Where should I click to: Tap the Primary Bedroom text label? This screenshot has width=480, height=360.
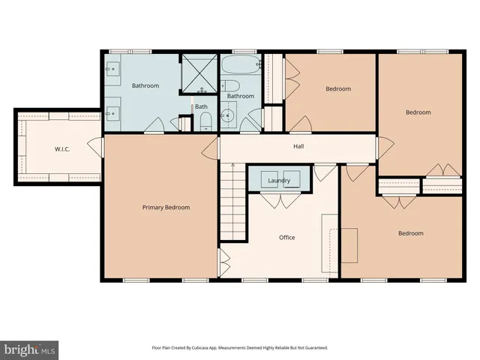coord(166,208)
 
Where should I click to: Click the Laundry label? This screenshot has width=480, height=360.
coord(279,181)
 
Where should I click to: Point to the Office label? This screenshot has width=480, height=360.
coord(286,238)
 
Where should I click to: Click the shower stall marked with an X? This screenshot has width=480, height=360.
coord(199,71)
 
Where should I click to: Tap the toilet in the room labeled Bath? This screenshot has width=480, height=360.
coord(206,122)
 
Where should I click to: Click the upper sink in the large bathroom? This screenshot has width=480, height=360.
coord(112,72)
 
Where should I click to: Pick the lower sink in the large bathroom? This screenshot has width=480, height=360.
coord(112,114)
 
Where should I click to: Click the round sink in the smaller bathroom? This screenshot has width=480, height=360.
coord(228,119)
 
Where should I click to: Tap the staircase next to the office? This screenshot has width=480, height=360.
coord(232,202)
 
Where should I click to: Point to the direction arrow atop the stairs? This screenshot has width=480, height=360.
coord(232,166)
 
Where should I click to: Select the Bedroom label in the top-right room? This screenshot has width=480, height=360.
coord(418,112)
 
